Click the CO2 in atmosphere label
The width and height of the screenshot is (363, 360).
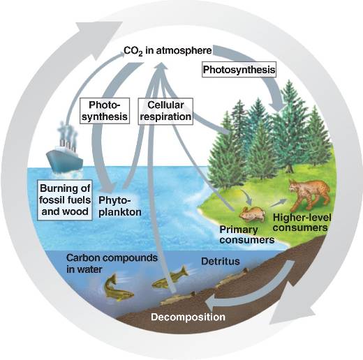click(168, 51)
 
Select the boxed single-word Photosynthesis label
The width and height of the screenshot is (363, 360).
click(239, 70)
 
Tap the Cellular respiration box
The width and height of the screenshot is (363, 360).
click(165, 111)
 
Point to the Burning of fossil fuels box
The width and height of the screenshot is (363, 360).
click(65, 200)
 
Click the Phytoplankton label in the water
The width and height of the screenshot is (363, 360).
click(120, 207)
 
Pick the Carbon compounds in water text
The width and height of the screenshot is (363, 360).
click(112, 264)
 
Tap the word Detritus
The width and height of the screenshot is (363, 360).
click(221, 262)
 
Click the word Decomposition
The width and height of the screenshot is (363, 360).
click(188, 317)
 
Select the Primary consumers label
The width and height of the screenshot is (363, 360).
click(246, 235)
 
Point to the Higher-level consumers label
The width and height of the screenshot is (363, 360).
click(302, 223)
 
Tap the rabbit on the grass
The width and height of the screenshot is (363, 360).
click(253, 214)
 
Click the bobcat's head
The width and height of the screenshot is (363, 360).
click(295, 187)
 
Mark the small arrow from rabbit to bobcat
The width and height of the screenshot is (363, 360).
click(278, 203)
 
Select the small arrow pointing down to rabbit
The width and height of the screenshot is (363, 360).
click(246, 197)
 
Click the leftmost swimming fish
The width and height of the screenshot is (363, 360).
click(117, 288)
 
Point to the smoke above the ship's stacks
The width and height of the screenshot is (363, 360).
click(68, 132)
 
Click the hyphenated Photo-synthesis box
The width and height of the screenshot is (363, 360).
click(105, 111)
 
